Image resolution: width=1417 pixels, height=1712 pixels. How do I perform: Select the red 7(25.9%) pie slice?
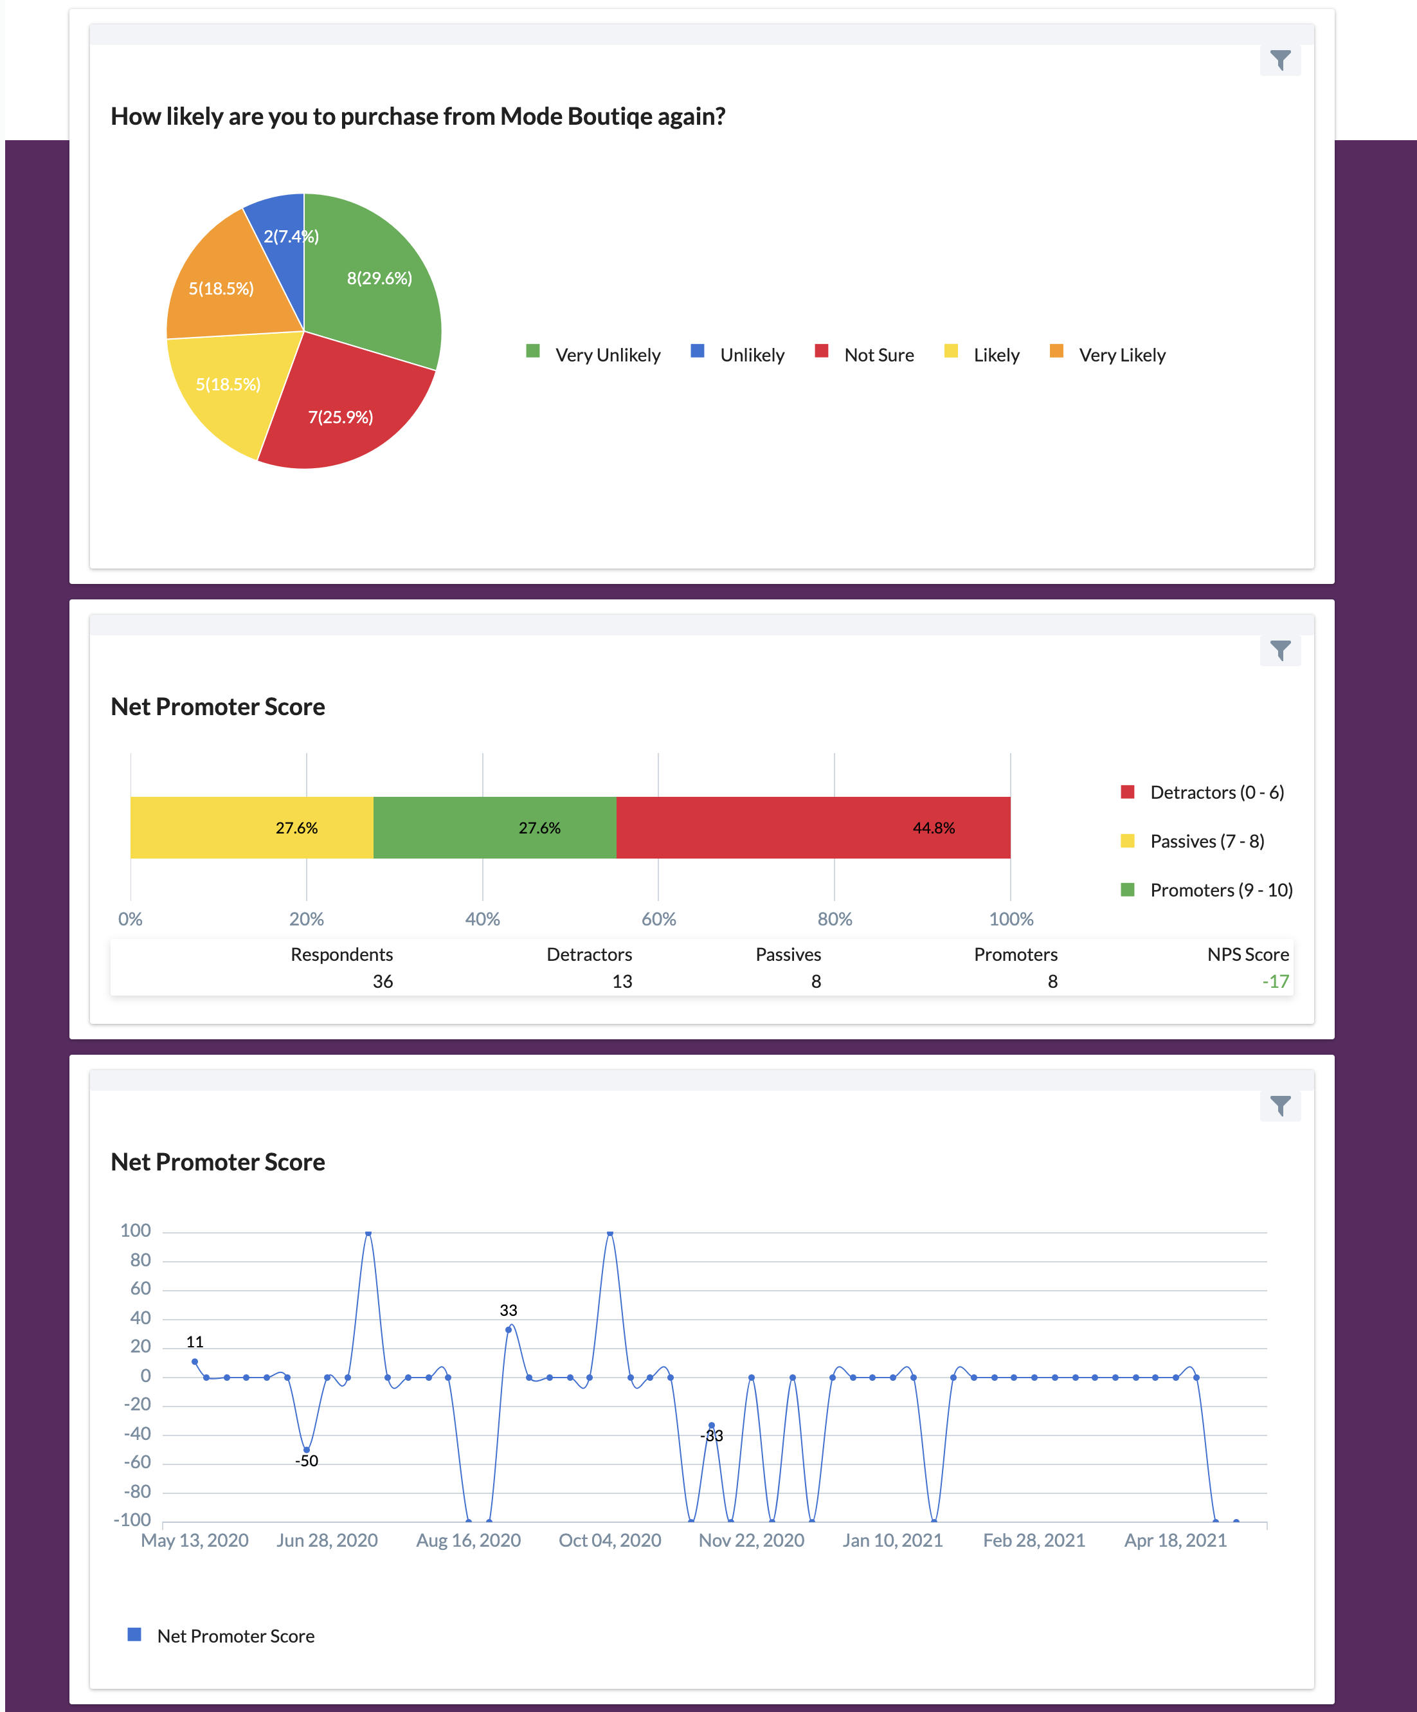click(x=342, y=412)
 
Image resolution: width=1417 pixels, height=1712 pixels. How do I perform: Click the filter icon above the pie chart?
click(x=1279, y=60)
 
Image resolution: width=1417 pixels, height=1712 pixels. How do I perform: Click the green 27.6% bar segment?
click(x=494, y=828)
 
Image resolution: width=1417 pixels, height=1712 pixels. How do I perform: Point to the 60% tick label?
click(x=658, y=919)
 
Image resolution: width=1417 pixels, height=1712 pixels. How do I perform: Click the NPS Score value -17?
click(x=1275, y=981)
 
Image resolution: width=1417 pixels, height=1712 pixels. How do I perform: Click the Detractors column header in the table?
click(x=589, y=954)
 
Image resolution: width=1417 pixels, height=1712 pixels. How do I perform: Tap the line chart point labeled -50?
click(x=307, y=1450)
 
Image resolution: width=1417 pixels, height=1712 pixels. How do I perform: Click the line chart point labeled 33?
click(x=509, y=1329)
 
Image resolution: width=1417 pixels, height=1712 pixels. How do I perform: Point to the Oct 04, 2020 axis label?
click(x=609, y=1540)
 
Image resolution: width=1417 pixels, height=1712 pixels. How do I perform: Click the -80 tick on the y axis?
click(x=140, y=1491)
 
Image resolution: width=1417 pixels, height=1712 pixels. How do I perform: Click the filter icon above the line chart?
click(x=1279, y=1106)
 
